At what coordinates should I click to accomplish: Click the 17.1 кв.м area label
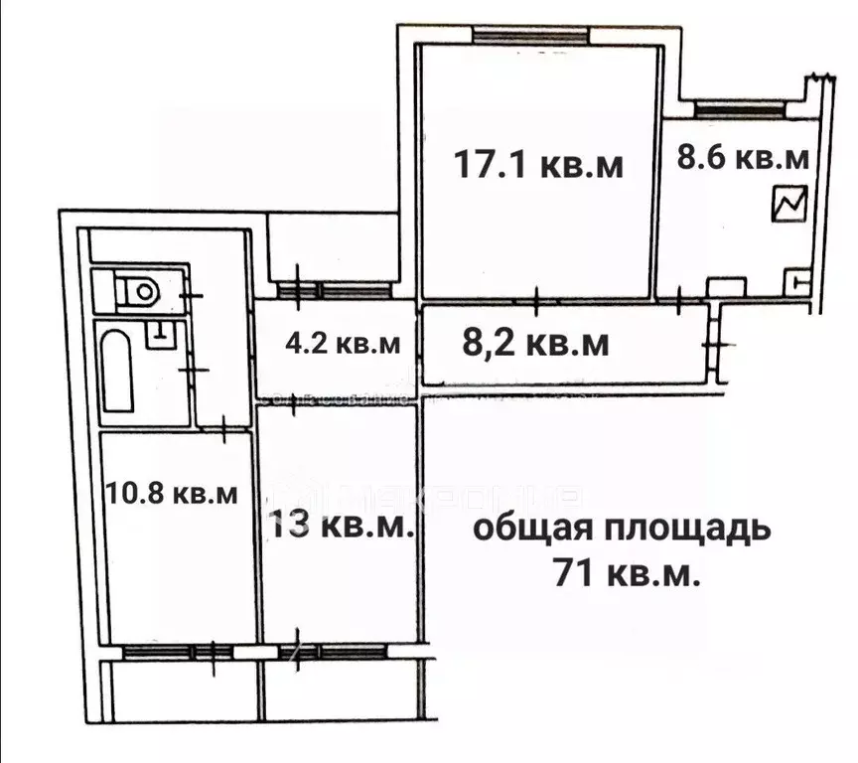(x=538, y=164)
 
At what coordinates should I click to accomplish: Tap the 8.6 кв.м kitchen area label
(x=743, y=157)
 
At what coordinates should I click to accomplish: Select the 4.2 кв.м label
(x=342, y=345)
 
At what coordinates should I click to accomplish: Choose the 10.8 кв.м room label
(x=172, y=494)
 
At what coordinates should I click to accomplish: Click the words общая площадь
(x=621, y=528)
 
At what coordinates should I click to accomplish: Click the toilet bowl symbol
(x=138, y=292)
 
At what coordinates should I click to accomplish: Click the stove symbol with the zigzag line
(x=790, y=206)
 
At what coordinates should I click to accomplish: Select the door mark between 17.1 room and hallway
(x=536, y=299)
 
